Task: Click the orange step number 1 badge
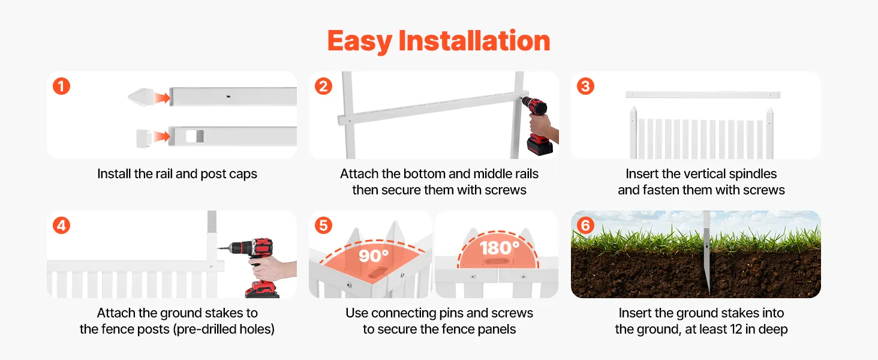tap(62, 86)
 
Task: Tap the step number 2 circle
tap(323, 86)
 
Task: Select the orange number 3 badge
tap(585, 86)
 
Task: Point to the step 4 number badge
tap(62, 226)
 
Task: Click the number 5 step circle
tap(323, 226)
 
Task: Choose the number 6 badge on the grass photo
tap(585, 226)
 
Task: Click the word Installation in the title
tap(474, 41)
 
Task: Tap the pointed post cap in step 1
tap(140, 97)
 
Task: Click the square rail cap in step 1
tap(144, 139)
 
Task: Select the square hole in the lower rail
tap(194, 136)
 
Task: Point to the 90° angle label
tap(374, 256)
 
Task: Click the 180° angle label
tap(500, 248)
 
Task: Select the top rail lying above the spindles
tap(703, 95)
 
